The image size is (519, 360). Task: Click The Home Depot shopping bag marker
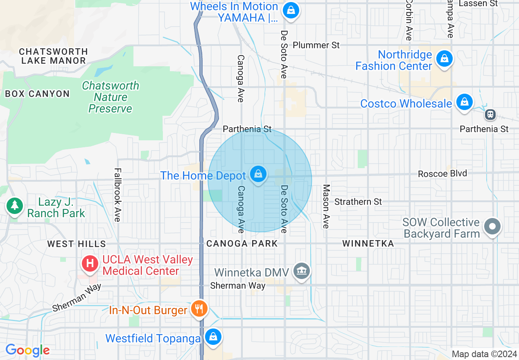pos(258,175)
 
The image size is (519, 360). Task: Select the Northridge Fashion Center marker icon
pos(444,59)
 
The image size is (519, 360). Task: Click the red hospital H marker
pos(90,263)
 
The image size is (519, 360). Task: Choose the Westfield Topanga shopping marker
pos(213,337)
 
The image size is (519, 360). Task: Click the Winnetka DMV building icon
pos(302,271)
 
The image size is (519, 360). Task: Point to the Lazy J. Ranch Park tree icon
pos(15,205)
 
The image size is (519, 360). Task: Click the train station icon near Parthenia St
pos(490,115)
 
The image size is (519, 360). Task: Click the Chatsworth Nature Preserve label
pos(111,97)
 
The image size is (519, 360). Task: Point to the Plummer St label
pos(316,45)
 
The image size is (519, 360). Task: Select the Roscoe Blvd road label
pos(442,173)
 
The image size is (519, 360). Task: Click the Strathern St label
pos(358,202)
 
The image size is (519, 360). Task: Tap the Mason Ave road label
pos(326,206)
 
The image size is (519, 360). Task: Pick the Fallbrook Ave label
pos(117,195)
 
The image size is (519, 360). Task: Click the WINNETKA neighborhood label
pos(368,244)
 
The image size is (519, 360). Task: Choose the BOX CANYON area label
pos(37,94)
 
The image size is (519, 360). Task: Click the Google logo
pos(27,350)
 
